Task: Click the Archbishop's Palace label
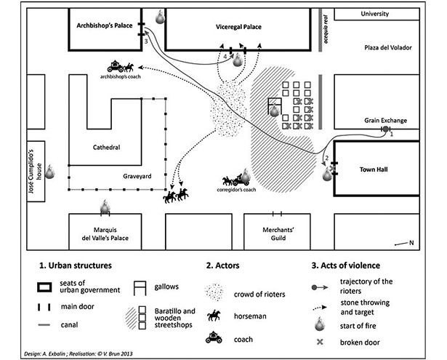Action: click(x=105, y=25)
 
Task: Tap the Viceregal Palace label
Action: click(x=238, y=27)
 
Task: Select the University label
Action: click(x=374, y=14)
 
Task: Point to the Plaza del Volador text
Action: click(x=388, y=48)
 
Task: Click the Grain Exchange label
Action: click(x=385, y=121)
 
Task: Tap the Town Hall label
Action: click(x=374, y=169)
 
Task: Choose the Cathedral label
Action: click(x=106, y=148)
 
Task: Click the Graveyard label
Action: click(x=137, y=176)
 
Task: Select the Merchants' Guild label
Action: click(x=278, y=234)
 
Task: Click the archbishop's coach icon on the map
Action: click(x=121, y=66)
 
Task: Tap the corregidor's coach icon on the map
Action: click(x=236, y=180)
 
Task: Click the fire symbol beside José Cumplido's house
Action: click(x=50, y=172)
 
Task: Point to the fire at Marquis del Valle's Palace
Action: click(x=105, y=207)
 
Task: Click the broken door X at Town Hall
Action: click(x=332, y=168)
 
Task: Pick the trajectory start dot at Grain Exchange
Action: click(x=385, y=129)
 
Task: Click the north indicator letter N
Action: click(x=411, y=243)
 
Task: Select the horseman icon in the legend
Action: click(x=214, y=316)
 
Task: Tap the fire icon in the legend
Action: click(x=320, y=324)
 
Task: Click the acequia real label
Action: click(x=326, y=29)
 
